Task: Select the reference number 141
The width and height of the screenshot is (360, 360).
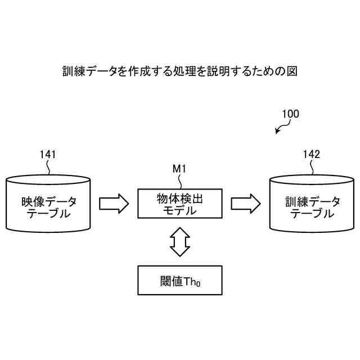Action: (48, 154)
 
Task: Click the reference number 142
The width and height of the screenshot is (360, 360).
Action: (311, 154)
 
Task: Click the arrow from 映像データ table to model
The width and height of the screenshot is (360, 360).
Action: (114, 204)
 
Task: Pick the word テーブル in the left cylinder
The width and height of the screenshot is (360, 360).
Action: (49, 214)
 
